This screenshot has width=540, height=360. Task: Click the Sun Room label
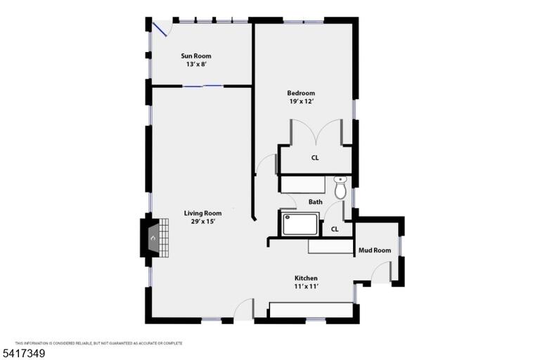[196, 56]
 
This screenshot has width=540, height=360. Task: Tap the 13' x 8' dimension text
[196, 64]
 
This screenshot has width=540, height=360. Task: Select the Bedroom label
[301, 93]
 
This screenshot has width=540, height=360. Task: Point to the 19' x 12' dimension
[301, 101]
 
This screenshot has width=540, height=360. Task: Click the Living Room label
[202, 213]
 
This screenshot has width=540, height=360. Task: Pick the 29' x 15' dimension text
[202, 221]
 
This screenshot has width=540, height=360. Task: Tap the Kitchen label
[306, 278]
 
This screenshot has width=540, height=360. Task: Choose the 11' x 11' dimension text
[306, 286]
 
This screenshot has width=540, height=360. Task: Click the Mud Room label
[375, 250]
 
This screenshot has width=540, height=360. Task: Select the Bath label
[316, 202]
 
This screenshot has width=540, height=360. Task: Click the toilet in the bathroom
[340, 188]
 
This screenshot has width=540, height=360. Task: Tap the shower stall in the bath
[300, 224]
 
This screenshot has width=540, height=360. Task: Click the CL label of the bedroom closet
[315, 157]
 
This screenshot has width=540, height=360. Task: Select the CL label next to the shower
[335, 229]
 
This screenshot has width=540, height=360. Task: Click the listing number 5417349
[24, 354]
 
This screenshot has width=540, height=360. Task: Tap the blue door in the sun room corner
[160, 30]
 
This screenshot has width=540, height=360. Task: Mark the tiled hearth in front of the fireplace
[165, 238]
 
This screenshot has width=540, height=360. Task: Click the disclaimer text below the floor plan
[99, 343]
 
